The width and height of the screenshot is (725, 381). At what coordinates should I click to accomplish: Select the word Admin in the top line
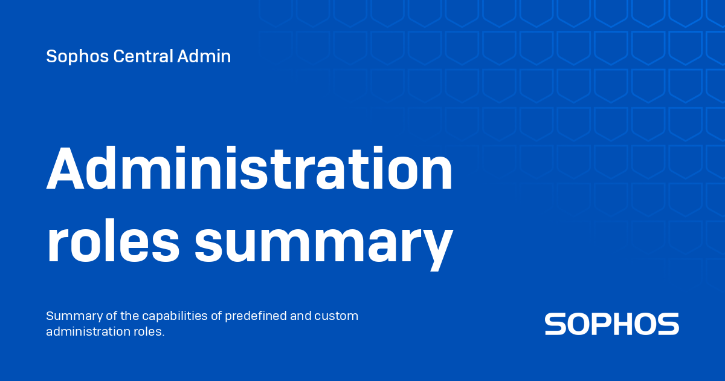tap(204, 57)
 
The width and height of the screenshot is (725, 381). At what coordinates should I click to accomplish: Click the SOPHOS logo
tap(611, 324)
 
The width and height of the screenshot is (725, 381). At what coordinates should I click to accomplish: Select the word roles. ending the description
tap(149, 332)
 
